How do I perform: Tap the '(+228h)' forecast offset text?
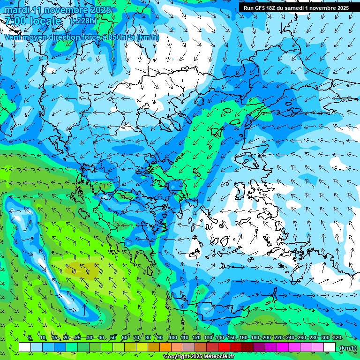[x=83, y=21]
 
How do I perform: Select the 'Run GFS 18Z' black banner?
[x=296, y=8]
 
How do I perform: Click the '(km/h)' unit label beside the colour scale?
[x=347, y=347]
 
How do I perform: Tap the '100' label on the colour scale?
[x=172, y=338]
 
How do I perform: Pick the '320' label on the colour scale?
[x=337, y=338]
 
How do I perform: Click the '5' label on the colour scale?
[x=30, y=338]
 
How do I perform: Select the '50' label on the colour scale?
[x=113, y=338]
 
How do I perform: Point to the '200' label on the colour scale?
[x=267, y=338]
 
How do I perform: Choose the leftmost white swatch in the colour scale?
[x=25, y=347]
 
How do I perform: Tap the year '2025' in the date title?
[x=98, y=10]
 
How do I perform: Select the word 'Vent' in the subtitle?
[x=14, y=37]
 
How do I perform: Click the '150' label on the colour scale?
[x=231, y=338]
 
